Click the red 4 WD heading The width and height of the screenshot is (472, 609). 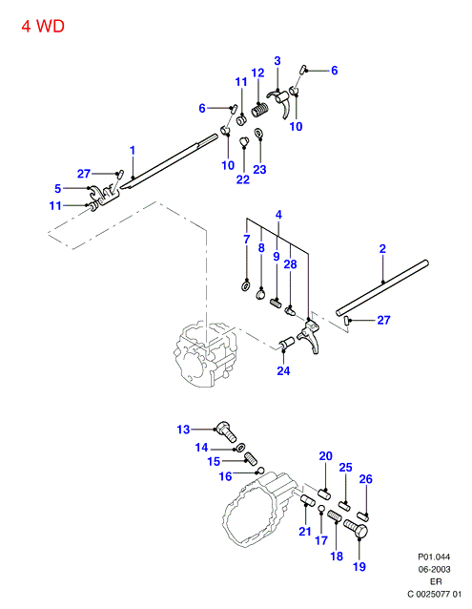pos(43,27)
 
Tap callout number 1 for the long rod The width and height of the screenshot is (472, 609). pos(133,150)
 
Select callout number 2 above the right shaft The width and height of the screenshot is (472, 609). pos(382,249)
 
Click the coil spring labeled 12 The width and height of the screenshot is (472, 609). pos(260,110)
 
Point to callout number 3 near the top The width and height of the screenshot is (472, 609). pos(277,61)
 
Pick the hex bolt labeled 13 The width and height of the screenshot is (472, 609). pos(227,431)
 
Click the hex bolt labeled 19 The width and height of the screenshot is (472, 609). pos(356,530)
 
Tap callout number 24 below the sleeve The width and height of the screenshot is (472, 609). pos(283,371)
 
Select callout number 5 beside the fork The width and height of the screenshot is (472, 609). pos(58,189)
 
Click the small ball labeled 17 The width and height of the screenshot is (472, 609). pos(321,509)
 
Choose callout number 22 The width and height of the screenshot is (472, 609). pos(243,179)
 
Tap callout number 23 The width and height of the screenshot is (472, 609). pos(260,170)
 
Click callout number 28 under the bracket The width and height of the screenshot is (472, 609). pos(290,264)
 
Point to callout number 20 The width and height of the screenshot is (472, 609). pos(326,456)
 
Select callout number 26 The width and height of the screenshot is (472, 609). pos(366,479)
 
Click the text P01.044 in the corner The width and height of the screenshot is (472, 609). pos(434,556)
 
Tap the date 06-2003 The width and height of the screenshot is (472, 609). pos(434,569)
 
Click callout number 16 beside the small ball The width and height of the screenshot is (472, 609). pos(226,476)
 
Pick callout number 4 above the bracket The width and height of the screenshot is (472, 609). pos(278,215)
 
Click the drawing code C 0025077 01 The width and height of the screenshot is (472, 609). pos(435,595)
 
